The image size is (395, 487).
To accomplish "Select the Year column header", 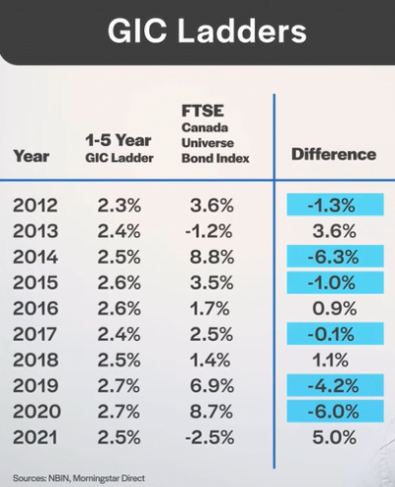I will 32,155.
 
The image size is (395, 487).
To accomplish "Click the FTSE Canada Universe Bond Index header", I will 216,133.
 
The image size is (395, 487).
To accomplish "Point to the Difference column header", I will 334,155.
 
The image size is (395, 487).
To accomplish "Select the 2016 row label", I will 37,307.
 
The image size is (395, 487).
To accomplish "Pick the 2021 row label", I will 37,435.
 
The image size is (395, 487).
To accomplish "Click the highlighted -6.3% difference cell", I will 334,256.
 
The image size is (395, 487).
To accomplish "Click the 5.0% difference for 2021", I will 334,435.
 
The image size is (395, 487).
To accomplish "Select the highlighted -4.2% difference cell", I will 334,383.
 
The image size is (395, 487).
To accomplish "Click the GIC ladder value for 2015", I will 119,282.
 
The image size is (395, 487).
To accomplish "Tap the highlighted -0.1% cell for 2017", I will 334,333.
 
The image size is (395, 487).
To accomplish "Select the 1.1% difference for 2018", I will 334,359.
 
